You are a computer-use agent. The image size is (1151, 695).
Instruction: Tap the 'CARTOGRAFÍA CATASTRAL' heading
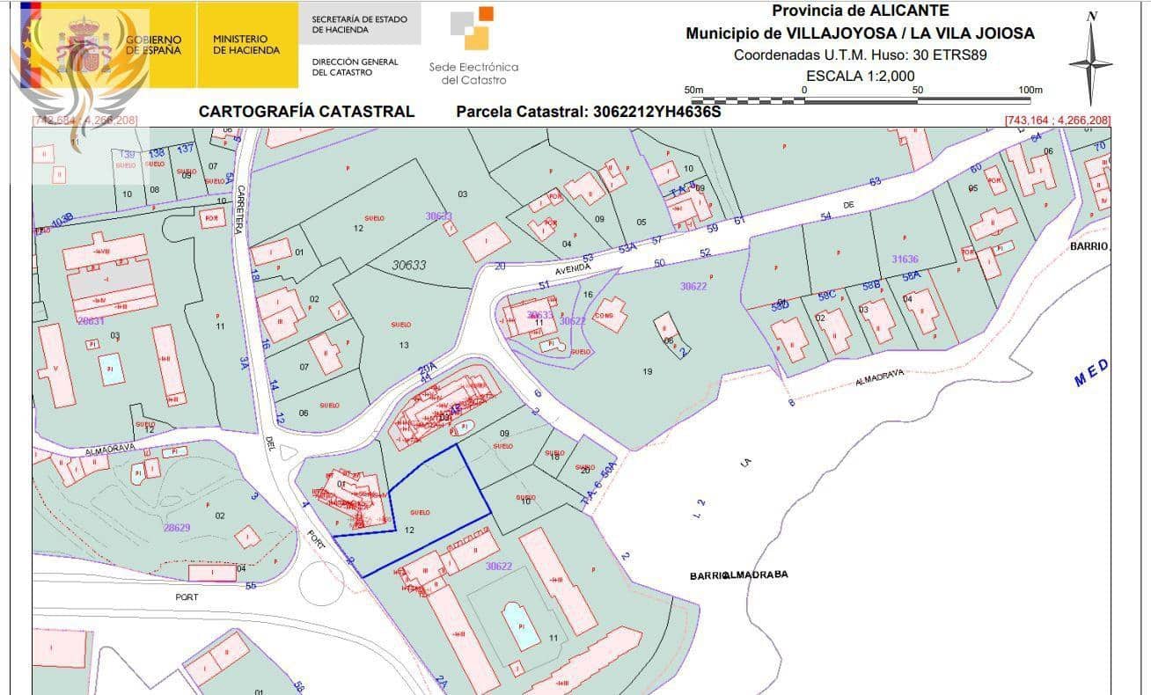tap(306, 112)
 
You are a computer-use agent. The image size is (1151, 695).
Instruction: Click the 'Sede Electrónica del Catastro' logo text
tap(473, 73)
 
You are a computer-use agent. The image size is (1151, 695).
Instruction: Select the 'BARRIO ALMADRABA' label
tap(738, 575)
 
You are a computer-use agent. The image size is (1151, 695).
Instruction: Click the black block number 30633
tap(408, 264)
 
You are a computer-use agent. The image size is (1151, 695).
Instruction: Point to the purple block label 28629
tap(176, 528)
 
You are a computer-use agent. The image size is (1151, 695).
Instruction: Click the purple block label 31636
tap(905, 259)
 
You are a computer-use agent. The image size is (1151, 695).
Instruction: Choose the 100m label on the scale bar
tap(1030, 90)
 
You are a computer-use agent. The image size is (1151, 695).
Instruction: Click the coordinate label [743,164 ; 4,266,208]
tap(1057, 120)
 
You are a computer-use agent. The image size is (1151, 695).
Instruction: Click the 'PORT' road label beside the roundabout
tap(187, 597)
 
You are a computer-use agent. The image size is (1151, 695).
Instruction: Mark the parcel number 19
tap(648, 371)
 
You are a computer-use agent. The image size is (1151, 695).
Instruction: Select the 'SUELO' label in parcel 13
tap(400, 326)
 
